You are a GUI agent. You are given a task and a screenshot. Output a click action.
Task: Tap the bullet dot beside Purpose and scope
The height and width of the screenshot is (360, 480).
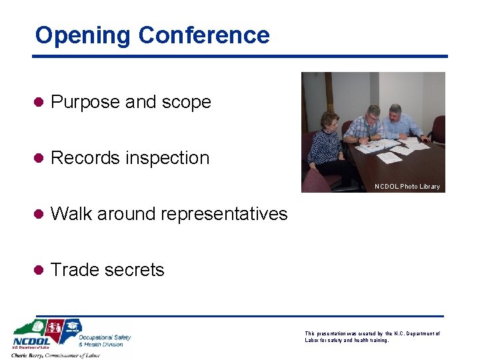pyautogui.click(x=40, y=102)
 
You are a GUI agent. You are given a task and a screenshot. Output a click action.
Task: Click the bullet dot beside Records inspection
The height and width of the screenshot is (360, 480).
pyautogui.click(x=40, y=158)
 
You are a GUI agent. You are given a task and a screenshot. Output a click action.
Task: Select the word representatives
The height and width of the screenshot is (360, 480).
pyautogui.click(x=216, y=214)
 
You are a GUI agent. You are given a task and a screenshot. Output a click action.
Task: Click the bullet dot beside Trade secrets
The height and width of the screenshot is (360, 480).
pyautogui.click(x=40, y=270)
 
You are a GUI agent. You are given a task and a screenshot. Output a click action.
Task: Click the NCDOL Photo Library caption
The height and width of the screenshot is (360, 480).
pyautogui.click(x=407, y=187)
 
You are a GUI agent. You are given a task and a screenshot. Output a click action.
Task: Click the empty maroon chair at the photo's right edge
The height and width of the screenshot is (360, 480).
pyautogui.click(x=438, y=128)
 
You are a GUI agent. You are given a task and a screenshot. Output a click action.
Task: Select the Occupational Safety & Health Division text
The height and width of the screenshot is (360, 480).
pyautogui.click(x=105, y=340)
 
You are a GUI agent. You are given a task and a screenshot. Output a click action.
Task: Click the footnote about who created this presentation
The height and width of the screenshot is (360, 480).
pyautogui.click(x=372, y=337)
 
